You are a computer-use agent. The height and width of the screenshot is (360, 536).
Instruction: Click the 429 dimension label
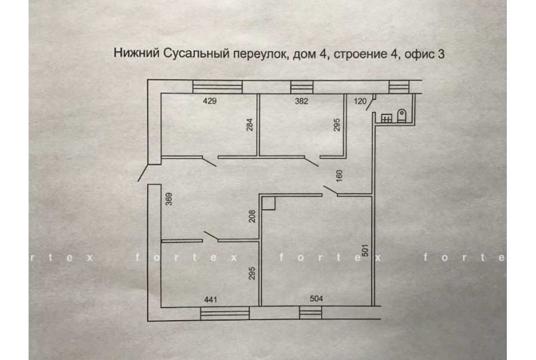[x=210, y=101]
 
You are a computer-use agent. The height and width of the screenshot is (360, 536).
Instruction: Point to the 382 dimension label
[x=301, y=101]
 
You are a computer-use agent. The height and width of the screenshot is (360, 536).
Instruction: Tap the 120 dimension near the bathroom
[x=360, y=101]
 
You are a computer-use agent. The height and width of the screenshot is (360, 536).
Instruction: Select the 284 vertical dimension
[x=250, y=125]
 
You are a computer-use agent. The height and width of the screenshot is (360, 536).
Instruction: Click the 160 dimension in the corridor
[x=339, y=176]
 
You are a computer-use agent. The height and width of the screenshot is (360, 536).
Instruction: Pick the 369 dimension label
[x=169, y=199]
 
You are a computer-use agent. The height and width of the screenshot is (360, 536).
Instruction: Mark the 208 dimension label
[x=252, y=216]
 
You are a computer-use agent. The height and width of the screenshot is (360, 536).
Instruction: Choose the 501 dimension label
[x=365, y=250]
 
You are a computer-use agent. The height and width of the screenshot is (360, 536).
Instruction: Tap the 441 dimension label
[x=211, y=300]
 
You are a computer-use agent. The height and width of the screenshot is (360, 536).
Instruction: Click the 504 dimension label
[x=316, y=299]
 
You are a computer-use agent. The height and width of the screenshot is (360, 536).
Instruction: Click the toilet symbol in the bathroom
[x=401, y=116]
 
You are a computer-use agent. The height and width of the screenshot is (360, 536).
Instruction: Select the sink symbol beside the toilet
[x=387, y=118]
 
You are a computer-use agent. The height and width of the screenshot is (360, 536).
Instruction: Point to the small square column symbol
[x=269, y=203]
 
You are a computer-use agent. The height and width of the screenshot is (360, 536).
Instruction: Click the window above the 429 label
[x=217, y=87]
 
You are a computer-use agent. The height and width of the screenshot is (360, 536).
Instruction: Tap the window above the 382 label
[x=302, y=87]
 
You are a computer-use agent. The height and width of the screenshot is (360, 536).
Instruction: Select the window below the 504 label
[x=310, y=312]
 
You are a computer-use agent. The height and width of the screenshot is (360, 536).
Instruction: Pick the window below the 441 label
[x=225, y=314]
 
